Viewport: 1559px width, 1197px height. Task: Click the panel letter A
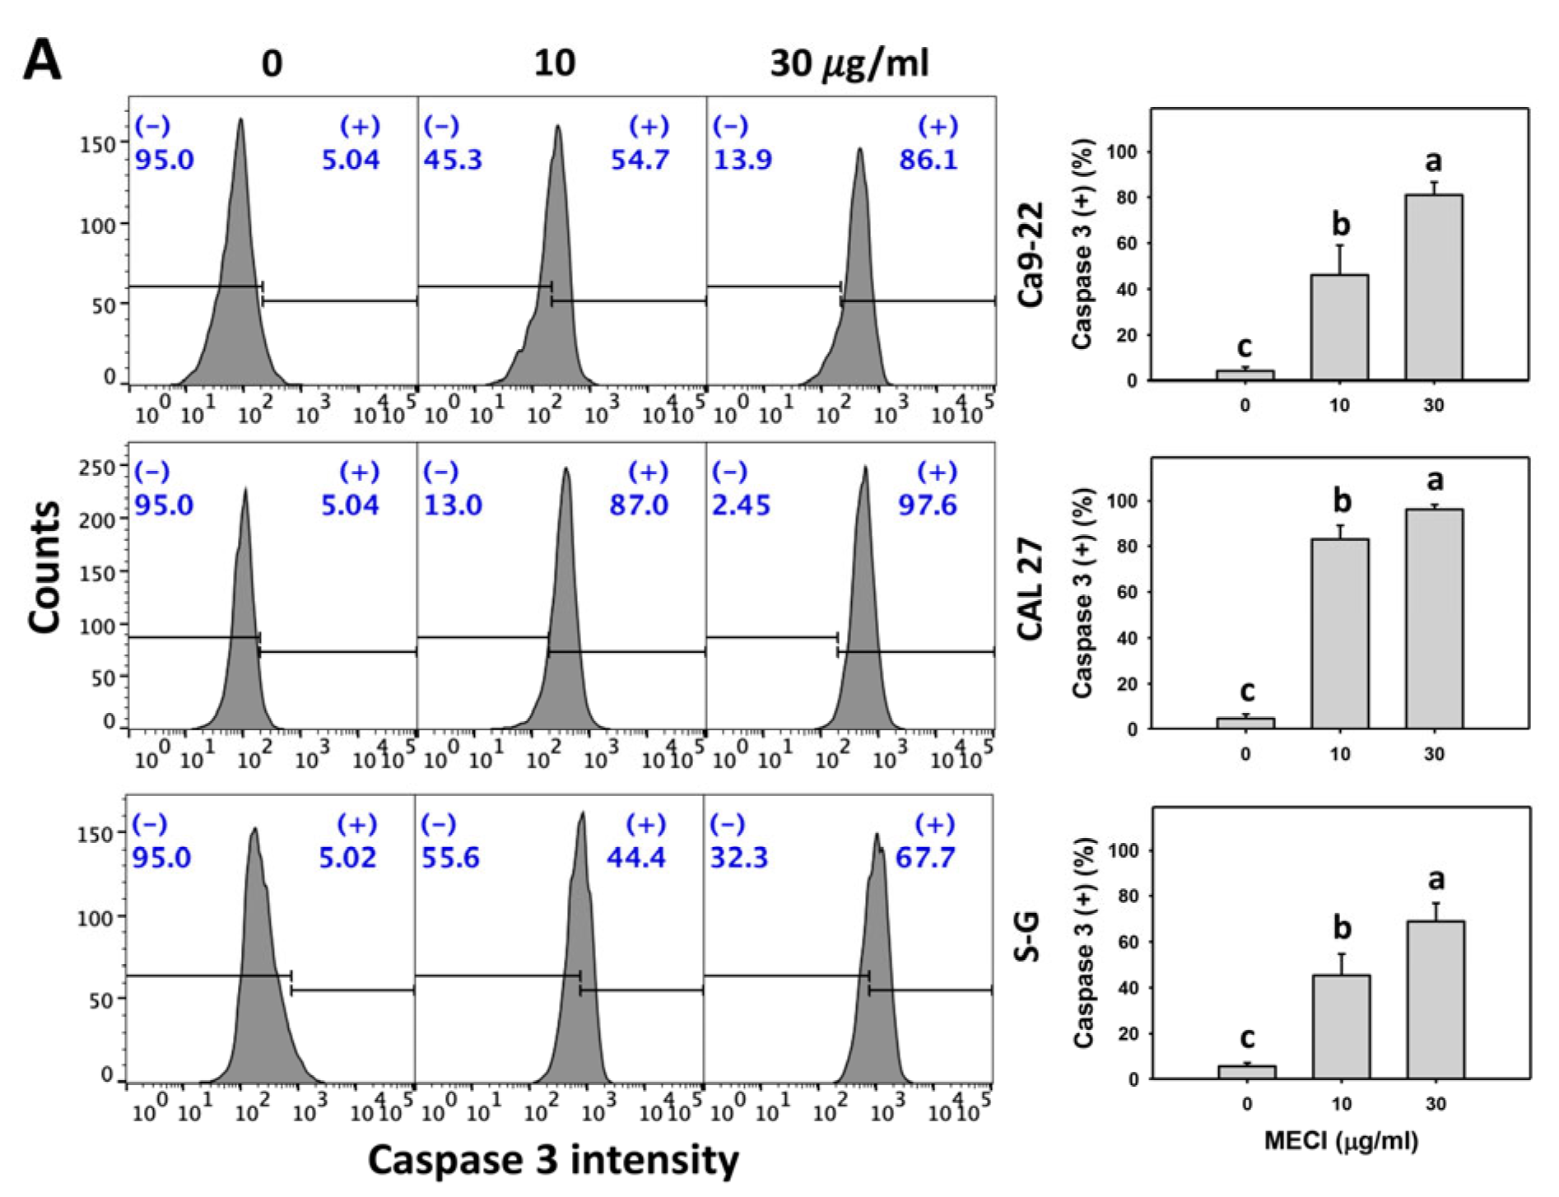[42, 61]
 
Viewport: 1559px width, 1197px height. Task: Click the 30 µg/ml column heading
[849, 63]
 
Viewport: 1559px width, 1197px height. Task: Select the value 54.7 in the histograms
[640, 159]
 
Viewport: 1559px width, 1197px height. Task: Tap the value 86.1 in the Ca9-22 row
[928, 159]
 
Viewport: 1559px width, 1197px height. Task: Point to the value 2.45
[741, 505]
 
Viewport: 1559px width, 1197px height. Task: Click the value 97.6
[928, 505]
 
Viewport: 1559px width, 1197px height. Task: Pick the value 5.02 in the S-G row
[347, 858]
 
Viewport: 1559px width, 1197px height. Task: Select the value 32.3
[739, 858]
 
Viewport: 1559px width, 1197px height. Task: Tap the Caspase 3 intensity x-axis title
[553, 1159]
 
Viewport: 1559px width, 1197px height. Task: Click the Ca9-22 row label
[1031, 254]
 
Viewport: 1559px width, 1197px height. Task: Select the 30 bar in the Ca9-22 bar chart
[1434, 287]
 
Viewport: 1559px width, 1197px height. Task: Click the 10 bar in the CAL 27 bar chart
[1340, 633]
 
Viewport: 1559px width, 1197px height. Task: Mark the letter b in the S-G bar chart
[1342, 928]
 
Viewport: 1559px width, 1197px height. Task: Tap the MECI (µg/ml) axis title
[1341, 1141]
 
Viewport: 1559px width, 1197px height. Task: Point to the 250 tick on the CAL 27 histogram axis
[96, 467]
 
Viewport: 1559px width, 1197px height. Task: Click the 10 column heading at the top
[554, 63]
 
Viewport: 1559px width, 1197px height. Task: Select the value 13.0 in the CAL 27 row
[453, 505]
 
